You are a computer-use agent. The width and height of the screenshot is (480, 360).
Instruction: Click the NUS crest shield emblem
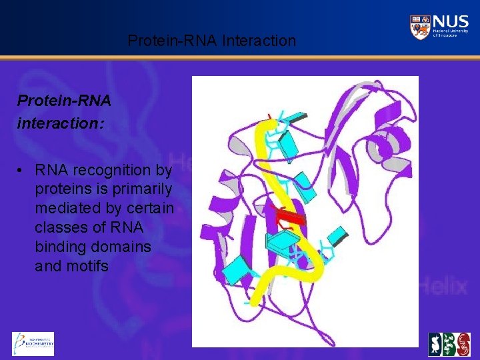(x=420, y=27)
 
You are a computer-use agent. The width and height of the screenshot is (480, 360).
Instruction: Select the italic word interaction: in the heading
(x=61, y=124)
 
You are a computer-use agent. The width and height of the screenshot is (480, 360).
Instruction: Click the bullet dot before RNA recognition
(x=22, y=170)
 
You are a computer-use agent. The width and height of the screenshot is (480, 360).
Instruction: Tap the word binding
(x=60, y=247)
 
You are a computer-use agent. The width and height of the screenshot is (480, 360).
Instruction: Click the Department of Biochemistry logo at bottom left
(x=33, y=344)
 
